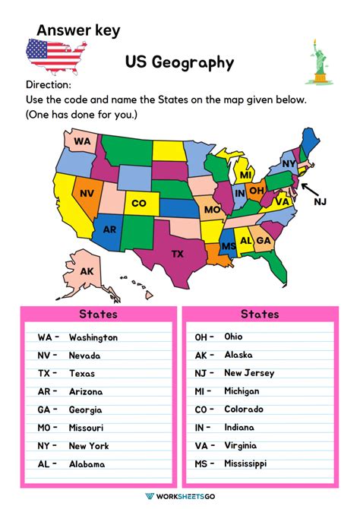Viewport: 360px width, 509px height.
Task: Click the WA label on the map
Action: pyautogui.click(x=82, y=141)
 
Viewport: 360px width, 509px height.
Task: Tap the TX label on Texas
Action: pyautogui.click(x=178, y=253)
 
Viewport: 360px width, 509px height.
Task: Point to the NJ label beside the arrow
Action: pyautogui.click(x=320, y=201)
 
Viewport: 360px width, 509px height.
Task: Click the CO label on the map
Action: pyautogui.click(x=139, y=204)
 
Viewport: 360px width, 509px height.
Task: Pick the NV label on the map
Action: pyautogui.click(x=87, y=193)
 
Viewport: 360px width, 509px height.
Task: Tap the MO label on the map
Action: pyautogui.click(x=212, y=209)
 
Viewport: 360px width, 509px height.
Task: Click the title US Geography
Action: pyautogui.click(x=180, y=62)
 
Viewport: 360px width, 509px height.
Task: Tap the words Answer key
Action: pyautogui.click(x=78, y=30)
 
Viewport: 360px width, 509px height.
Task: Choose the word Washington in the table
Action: pyautogui.click(x=93, y=337)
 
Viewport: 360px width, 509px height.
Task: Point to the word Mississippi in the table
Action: pyautogui.click(x=245, y=463)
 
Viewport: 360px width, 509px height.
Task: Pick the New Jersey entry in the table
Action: pyautogui.click(x=249, y=373)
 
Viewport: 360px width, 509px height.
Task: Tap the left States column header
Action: pyautogui.click(x=98, y=314)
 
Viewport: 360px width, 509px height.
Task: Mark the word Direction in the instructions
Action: pyautogui.click(x=49, y=85)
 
